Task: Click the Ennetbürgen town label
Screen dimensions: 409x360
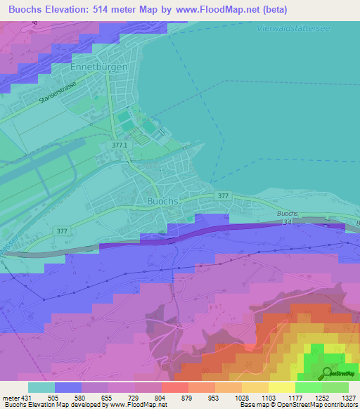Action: [99, 67]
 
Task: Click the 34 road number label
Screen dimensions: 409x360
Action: [287, 222]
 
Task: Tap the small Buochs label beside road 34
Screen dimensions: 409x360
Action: [288, 213]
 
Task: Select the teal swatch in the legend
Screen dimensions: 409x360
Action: [41, 387]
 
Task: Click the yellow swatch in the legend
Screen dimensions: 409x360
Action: [281, 387]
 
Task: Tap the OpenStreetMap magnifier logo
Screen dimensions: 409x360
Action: [327, 373]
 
